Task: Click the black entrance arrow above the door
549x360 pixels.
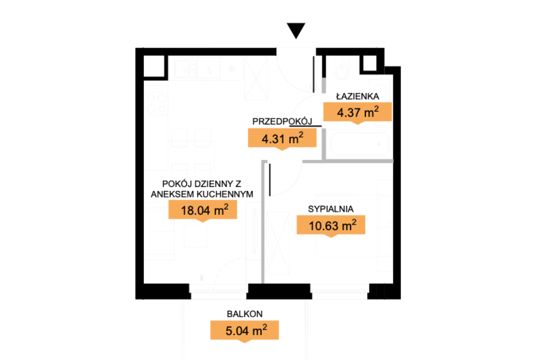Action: point(296,30)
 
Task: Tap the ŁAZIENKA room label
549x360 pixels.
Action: point(358,96)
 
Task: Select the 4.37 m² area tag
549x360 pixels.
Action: point(358,113)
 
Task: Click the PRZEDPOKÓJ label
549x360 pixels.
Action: point(282,121)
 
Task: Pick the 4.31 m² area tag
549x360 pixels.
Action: point(282,139)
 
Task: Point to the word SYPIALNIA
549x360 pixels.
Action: point(331,209)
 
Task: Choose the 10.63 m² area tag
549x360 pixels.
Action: point(331,226)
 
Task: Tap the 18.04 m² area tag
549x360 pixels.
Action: point(203,210)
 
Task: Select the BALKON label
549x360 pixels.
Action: point(245,314)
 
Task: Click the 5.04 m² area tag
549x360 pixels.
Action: point(244,330)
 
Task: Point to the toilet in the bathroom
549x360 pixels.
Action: point(341,68)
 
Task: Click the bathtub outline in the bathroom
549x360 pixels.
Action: point(359,144)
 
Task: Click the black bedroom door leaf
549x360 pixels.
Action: point(270,180)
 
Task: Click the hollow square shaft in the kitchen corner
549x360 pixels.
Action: point(154,66)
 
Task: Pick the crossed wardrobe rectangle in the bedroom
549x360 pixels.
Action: point(278,243)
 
